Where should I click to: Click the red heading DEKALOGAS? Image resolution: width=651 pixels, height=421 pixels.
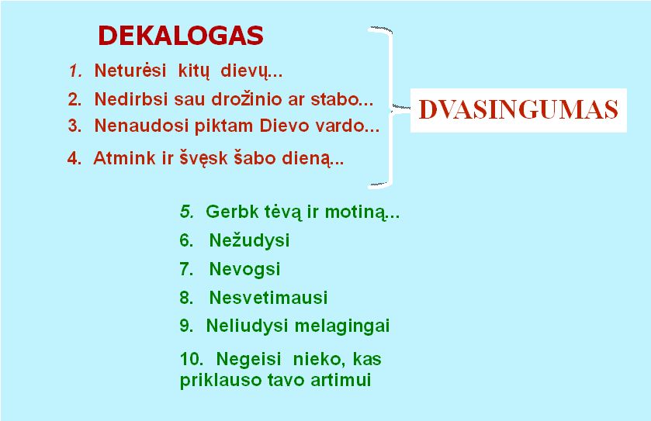point(181,36)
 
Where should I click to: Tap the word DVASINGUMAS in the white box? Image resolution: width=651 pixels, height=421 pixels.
point(518,110)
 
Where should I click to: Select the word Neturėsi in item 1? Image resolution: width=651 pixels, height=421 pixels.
point(130,71)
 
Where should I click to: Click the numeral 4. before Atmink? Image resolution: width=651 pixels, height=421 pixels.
point(74,158)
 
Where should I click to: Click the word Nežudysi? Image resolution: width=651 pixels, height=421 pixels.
point(249,240)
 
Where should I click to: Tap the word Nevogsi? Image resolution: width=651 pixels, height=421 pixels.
point(244,269)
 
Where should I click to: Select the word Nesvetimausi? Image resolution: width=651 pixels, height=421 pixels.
point(268,298)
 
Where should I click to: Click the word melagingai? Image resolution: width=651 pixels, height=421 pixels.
point(342,326)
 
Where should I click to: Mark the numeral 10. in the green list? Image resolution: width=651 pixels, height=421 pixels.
point(192,359)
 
